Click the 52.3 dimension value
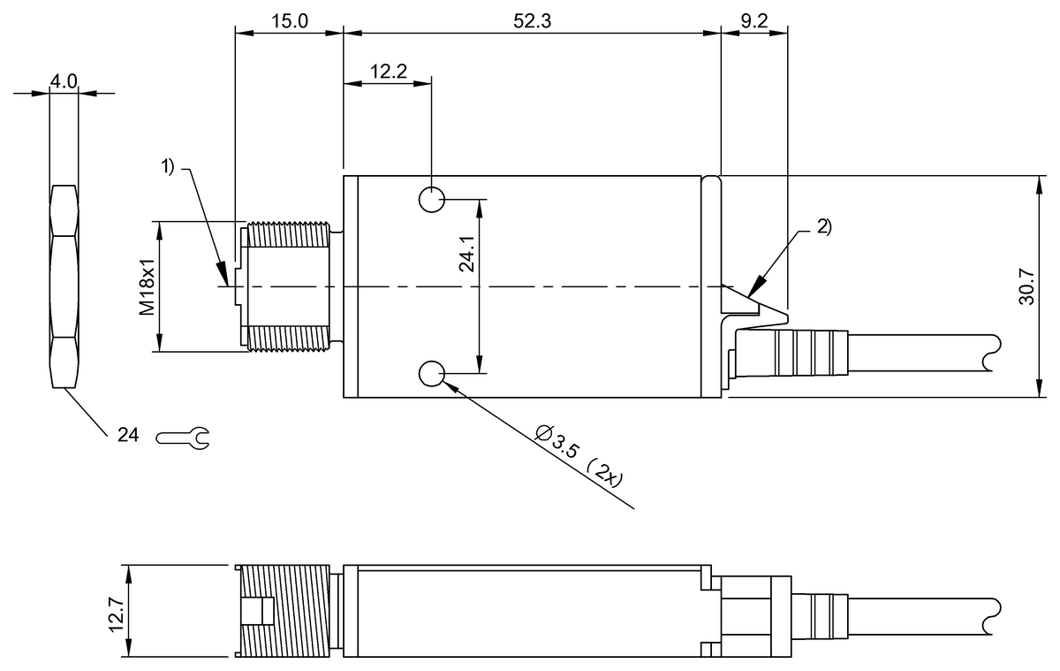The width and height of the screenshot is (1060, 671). pos(532,22)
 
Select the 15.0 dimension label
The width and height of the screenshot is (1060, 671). pos(289,22)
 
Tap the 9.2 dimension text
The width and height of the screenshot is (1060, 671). pos(753,22)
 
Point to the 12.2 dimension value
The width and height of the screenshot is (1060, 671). pos(388,72)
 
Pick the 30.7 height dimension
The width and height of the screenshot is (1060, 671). pos(1026,286)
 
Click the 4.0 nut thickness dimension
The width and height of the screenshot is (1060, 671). pos(64,81)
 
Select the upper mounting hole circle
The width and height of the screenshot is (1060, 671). pos(432,200)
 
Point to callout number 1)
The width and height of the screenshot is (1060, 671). pos(170,165)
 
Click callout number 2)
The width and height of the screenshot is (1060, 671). pos(821,226)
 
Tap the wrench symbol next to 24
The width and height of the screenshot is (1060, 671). pos(183,436)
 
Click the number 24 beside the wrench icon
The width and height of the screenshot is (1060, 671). pos(128,435)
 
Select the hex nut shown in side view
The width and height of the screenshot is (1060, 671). pos(64,286)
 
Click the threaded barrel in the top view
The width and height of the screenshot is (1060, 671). pos(288,286)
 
